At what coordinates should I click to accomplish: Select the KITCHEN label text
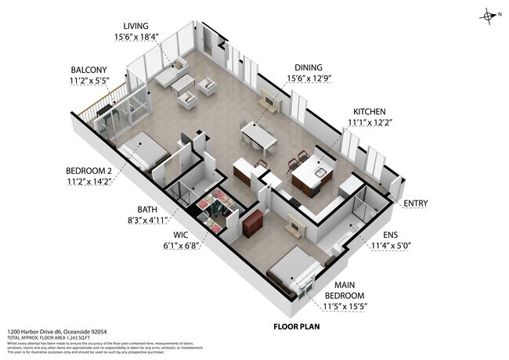click(370, 111)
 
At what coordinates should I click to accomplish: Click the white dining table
click(258, 135)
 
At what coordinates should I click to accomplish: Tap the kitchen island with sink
click(312, 174)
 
